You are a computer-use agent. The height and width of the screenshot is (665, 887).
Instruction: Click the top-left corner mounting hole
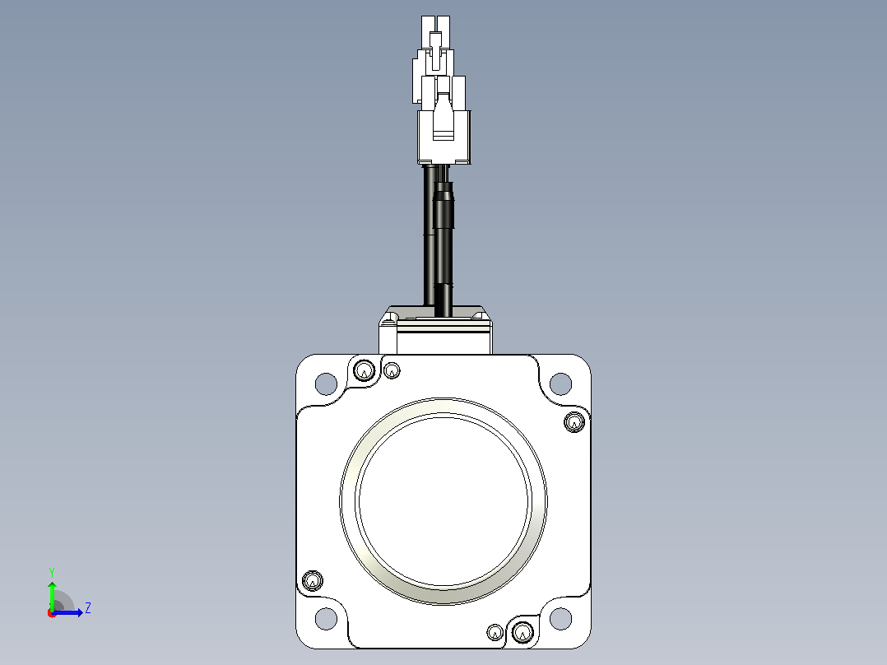[x=326, y=384]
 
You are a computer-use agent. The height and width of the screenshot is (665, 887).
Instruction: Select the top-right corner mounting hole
[x=560, y=384]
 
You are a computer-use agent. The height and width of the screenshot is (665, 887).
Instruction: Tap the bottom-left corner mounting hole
[x=326, y=619]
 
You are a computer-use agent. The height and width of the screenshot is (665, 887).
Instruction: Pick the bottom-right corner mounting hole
[x=560, y=619]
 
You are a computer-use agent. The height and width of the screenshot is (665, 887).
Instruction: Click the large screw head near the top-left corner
[x=365, y=371]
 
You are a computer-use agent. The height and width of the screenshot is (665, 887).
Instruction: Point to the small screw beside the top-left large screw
[x=392, y=371]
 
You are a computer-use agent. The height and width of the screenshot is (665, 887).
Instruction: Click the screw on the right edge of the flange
[x=574, y=422]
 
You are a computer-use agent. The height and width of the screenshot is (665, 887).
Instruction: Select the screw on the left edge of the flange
[x=313, y=581]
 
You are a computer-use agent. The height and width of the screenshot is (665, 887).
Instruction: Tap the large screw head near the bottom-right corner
[x=522, y=632]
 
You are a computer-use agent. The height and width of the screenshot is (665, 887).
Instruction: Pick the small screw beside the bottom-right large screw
[x=495, y=632]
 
